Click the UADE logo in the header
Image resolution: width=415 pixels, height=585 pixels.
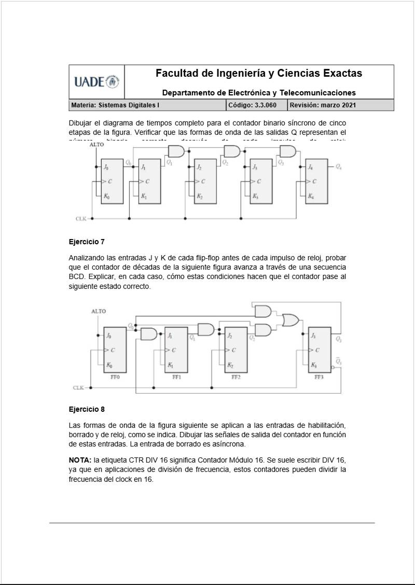pos(96,81)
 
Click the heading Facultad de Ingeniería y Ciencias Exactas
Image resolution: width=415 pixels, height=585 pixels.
pos(259,73)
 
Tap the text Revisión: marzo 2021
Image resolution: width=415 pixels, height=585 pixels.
pos(323,105)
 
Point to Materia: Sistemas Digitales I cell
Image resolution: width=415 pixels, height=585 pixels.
pos(115,105)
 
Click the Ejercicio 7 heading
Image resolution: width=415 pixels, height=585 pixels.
pos(87,242)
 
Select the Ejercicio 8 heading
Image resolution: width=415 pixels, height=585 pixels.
pos(87,409)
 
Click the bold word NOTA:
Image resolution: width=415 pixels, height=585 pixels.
pos(80,460)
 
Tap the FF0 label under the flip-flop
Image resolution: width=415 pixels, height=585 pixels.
pos(115,377)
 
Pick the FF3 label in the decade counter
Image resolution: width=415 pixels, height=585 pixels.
pos(319,377)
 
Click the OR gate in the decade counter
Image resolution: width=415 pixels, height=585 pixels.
pos(290,320)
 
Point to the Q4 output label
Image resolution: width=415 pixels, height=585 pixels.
pos(339,167)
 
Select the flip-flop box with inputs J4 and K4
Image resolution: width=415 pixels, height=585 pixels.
pos(317,180)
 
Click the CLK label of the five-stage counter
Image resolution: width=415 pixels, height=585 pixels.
pos(81,219)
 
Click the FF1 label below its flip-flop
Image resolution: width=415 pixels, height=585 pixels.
pos(176,377)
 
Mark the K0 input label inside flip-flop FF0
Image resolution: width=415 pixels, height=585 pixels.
pos(108,365)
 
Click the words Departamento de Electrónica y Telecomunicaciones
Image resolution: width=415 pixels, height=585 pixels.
pos(259,93)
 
